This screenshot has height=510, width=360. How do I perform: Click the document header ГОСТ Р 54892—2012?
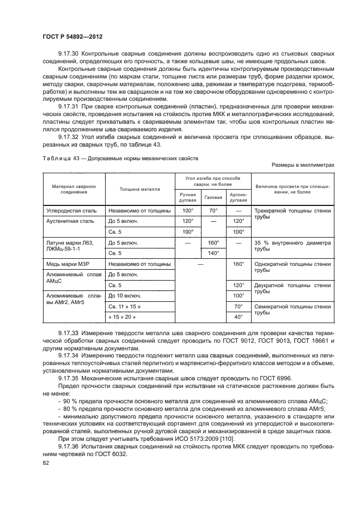(72, 36)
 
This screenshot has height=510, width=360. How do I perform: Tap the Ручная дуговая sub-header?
(188, 196)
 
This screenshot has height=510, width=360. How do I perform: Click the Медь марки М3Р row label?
(69, 264)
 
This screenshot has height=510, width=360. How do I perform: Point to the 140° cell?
(213, 253)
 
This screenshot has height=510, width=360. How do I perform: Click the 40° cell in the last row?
(238, 317)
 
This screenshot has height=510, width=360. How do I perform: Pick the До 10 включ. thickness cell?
(126, 295)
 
